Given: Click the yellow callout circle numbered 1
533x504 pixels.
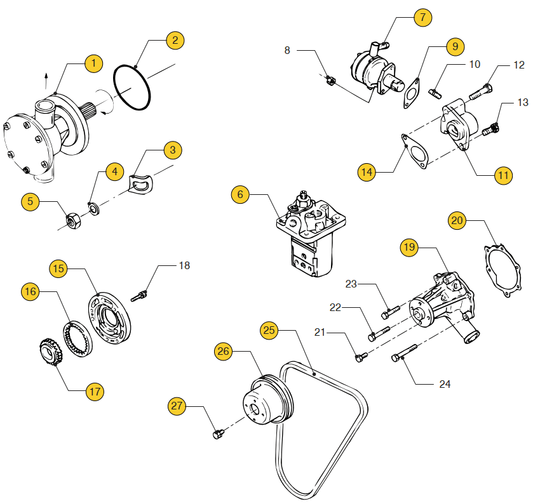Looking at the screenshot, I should click(94, 63).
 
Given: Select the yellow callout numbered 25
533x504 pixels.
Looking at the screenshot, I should click(270, 330).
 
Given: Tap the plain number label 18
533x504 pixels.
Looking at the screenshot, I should click(184, 265).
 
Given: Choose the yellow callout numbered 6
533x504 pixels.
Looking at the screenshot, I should click(240, 195).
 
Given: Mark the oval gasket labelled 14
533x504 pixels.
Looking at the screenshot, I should click(417, 152).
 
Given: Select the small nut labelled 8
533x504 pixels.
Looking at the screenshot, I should click(330, 80).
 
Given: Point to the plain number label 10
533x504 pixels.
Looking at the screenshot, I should click(475, 64).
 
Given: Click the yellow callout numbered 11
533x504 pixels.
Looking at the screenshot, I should click(503, 175).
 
